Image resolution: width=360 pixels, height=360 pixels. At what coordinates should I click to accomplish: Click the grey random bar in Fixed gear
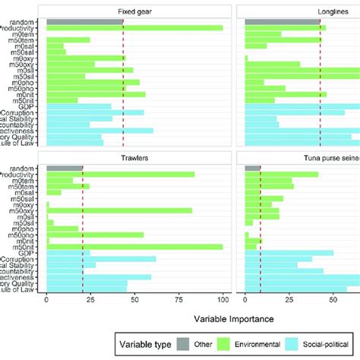tap(84, 21)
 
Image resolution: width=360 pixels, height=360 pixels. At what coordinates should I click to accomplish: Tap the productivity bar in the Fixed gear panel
tap(134, 28)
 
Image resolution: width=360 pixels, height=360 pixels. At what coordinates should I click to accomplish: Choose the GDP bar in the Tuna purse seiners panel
tap(289, 253)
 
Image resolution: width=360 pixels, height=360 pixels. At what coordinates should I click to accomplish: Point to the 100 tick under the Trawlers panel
tap(223, 299)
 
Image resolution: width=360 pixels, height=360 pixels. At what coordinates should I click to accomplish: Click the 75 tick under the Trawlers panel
tap(178, 299)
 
